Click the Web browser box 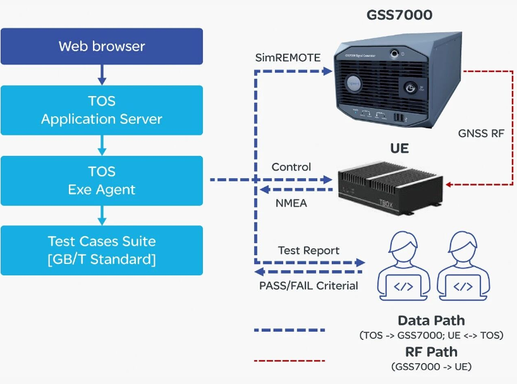tap(102, 46)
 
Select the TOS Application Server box tap(102, 110)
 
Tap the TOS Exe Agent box tap(102, 180)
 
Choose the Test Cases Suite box tap(102, 250)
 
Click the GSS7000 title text tap(399, 15)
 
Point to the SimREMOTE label tap(288, 57)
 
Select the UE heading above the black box tap(399, 149)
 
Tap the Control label tap(291, 167)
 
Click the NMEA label tap(292, 203)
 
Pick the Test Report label tap(308, 250)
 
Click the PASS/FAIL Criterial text tap(308, 285)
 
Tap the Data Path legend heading tap(431, 320)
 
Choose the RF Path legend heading tap(431, 352)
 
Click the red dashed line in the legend tap(289, 361)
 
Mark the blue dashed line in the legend tap(289, 330)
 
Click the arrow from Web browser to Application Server tap(102, 75)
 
